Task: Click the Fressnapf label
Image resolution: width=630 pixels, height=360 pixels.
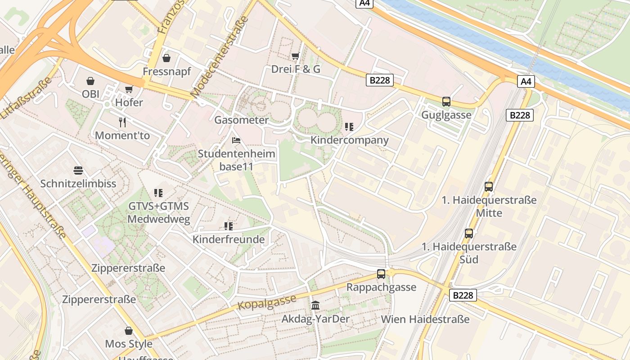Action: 167,72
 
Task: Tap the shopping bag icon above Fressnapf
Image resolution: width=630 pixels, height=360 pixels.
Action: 166,58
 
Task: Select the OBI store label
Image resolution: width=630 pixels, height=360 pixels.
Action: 90,94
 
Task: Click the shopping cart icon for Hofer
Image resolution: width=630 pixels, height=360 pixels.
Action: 129,89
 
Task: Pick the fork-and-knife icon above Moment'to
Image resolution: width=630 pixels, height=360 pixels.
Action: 122,122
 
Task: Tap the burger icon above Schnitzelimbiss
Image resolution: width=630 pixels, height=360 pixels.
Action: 78,171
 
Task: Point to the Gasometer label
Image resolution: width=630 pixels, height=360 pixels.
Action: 241,120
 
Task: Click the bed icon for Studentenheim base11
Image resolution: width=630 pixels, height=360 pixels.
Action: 236,140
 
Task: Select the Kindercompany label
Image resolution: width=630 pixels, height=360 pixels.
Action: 350,140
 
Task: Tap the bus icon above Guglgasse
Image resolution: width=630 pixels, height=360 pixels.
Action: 446,102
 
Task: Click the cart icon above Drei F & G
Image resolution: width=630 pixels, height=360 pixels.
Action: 296,56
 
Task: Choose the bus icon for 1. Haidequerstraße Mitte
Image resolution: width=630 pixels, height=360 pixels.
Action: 489,186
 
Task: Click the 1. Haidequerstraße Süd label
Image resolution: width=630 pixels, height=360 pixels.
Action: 469,253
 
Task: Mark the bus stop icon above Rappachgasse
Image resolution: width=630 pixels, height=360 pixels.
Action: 381,274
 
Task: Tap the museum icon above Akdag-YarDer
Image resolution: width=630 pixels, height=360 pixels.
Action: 315,306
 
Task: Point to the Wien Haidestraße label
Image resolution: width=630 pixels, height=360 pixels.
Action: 425,319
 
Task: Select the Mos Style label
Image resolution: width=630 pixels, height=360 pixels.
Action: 129,344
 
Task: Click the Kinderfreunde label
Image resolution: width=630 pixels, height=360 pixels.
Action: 229,239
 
